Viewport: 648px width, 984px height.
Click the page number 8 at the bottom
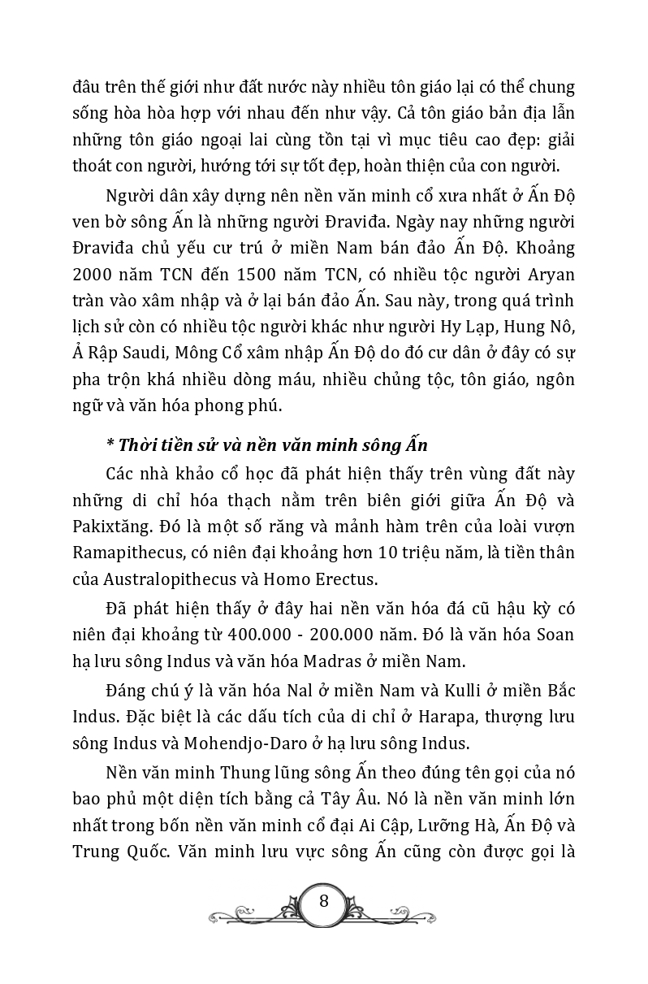[x=324, y=901]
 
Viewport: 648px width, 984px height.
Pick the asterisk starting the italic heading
[x=110, y=446]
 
